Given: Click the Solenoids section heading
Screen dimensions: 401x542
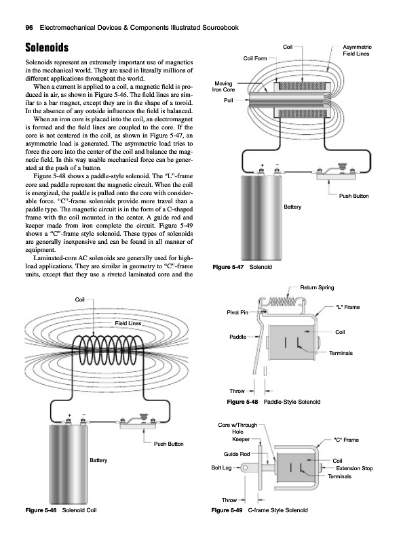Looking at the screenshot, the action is pyautogui.click(x=47, y=47).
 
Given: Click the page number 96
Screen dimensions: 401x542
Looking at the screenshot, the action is pyautogui.click(x=29, y=28).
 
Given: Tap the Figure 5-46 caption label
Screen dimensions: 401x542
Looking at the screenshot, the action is pyautogui.click(x=41, y=510).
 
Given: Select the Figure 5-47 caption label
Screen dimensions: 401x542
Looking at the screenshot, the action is pyautogui.click(x=228, y=267).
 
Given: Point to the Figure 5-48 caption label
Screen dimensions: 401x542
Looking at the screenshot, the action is pyautogui.click(x=242, y=402).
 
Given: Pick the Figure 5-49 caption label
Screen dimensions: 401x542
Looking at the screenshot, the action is pyautogui.click(x=227, y=510).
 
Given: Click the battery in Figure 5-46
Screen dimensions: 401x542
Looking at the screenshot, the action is pyautogui.click(x=69, y=464).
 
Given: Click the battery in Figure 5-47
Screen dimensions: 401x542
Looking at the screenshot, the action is pyautogui.click(x=261, y=218).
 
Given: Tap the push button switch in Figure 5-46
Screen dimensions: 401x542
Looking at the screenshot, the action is pyautogui.click(x=138, y=421).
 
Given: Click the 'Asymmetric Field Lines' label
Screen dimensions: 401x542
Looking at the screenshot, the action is pyautogui.click(x=357, y=50).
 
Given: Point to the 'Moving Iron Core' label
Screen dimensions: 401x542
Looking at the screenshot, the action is pyautogui.click(x=224, y=87).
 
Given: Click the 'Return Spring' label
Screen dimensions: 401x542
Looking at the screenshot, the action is pyautogui.click(x=317, y=287).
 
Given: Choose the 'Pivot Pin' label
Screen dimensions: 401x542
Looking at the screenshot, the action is pyautogui.click(x=237, y=312).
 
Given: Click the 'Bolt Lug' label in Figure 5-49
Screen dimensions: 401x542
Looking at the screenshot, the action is pyautogui.click(x=221, y=467).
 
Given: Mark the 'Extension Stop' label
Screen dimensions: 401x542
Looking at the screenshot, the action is pyautogui.click(x=354, y=468).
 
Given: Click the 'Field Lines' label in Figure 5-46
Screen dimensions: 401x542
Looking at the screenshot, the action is pyautogui.click(x=128, y=323).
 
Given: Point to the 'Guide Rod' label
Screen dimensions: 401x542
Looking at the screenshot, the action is pyautogui.click(x=237, y=454).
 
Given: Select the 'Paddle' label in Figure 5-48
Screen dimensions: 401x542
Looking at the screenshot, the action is pyautogui.click(x=238, y=337).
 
